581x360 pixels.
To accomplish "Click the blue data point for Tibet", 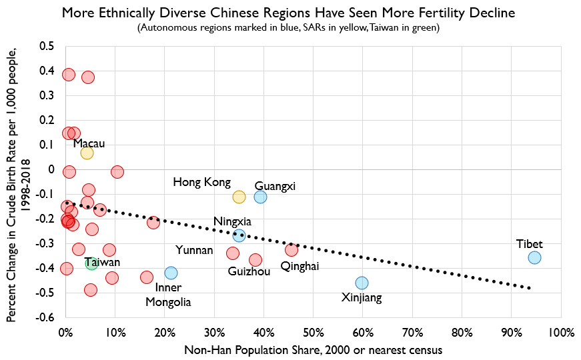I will pos(534,257).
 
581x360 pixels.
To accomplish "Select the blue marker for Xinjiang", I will pos(362,283).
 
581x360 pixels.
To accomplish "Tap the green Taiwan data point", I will pos(91,263).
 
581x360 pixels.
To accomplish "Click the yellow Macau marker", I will pos(87,153).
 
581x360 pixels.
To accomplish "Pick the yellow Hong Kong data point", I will pos(239,197).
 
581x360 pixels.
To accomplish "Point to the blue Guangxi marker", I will pos(260,197).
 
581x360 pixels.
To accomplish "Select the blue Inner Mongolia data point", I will pos(171,273).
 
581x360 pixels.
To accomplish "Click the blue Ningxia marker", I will pos(239,235).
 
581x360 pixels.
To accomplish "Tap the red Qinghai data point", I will pos(292,250).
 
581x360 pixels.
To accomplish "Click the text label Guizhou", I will pos(249,272).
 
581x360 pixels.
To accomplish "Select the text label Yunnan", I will pos(194,251).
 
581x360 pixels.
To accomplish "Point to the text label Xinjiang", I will pos(362,298).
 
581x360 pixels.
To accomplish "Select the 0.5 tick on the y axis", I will pos(46,46).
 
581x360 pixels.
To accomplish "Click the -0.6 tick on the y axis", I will pos(44,317).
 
